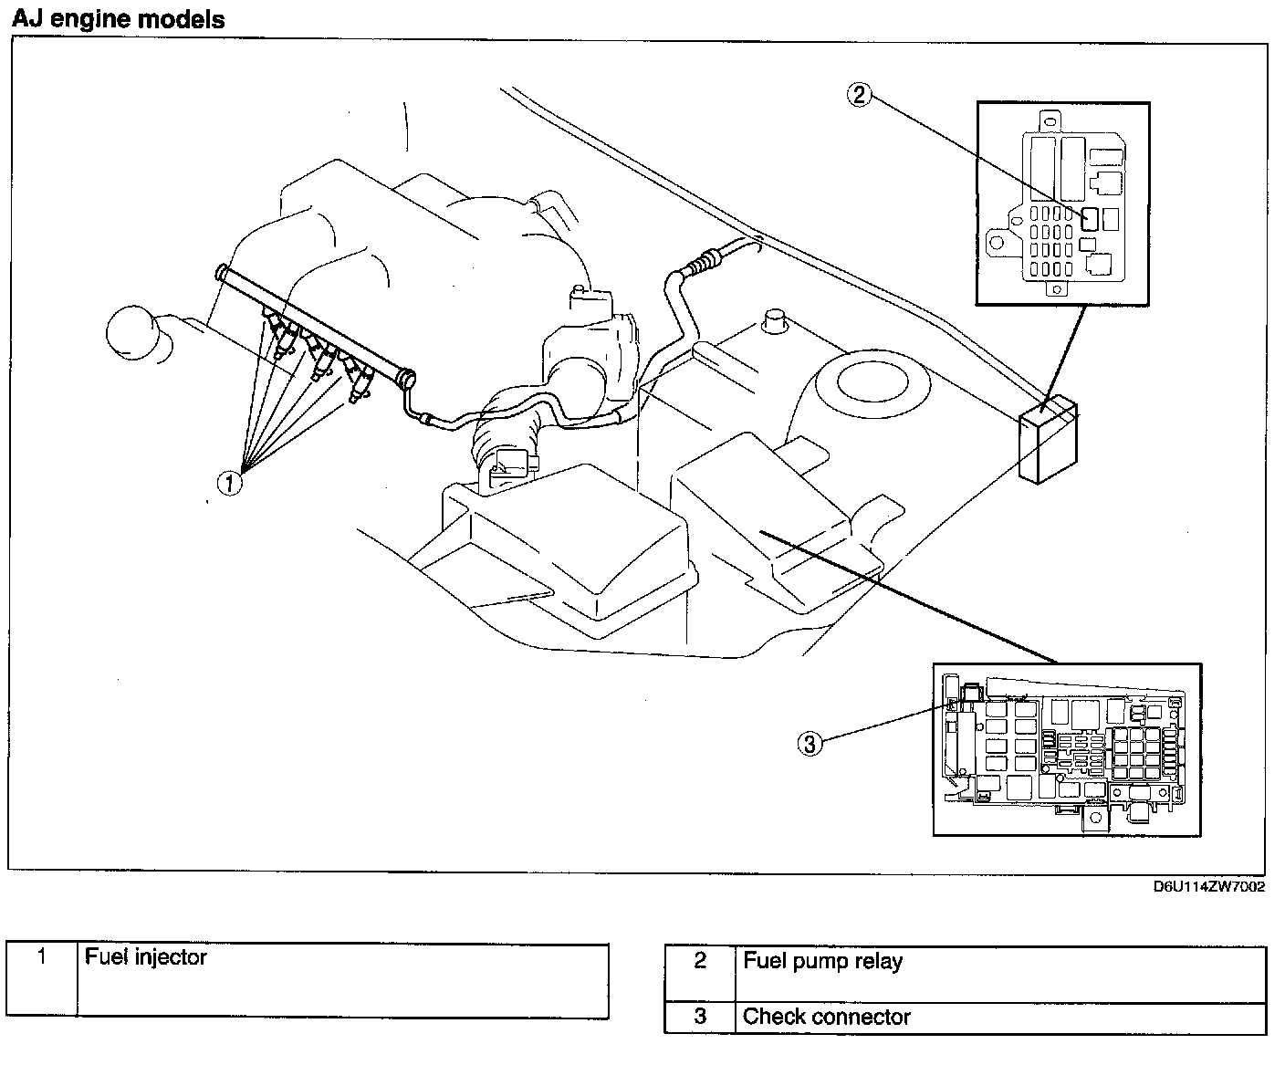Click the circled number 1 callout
[229, 482]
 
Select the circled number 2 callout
[861, 95]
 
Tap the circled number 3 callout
[810, 744]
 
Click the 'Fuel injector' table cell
[342, 980]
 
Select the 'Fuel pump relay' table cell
[1000, 975]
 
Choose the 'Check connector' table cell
[1000, 1018]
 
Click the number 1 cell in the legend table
[42, 980]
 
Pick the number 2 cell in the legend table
[700, 975]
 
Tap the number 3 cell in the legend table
[700, 1018]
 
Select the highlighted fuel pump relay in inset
[1090, 219]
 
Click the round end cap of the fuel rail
[407, 376]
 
